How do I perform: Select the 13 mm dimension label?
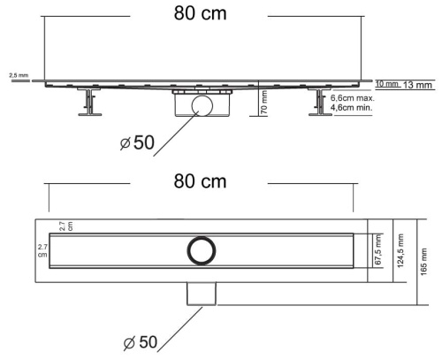[x=417, y=85]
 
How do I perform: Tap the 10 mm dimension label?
[x=387, y=84]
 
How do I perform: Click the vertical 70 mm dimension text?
[x=263, y=103]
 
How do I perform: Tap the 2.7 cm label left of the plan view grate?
[x=42, y=249]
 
